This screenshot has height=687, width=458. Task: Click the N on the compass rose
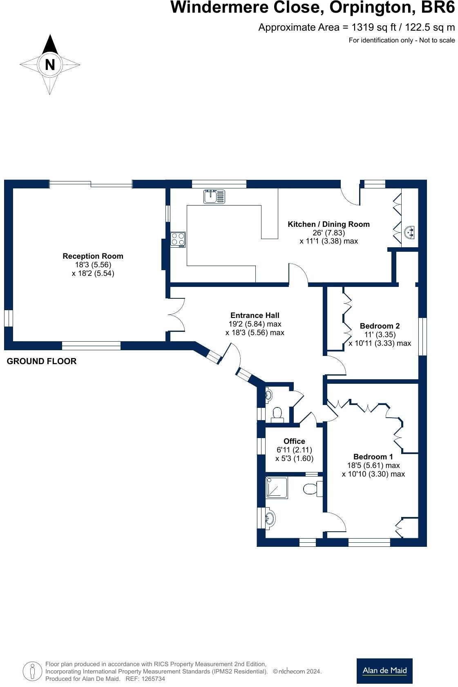50,65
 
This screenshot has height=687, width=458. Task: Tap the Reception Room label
93,256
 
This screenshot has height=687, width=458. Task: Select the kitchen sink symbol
214,197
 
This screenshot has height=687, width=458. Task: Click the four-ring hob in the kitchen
178,239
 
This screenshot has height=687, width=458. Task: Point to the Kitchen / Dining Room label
328,224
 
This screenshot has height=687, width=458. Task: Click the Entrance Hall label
255,315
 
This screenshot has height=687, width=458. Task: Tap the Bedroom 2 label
380,326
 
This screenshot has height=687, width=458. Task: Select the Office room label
294,441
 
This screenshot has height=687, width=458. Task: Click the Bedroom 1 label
373,457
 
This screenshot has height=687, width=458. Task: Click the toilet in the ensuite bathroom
313,488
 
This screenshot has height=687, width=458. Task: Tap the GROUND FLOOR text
42,361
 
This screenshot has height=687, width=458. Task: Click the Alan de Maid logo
384,671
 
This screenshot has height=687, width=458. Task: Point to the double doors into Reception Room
177,314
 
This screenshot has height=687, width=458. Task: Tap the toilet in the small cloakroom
277,413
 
